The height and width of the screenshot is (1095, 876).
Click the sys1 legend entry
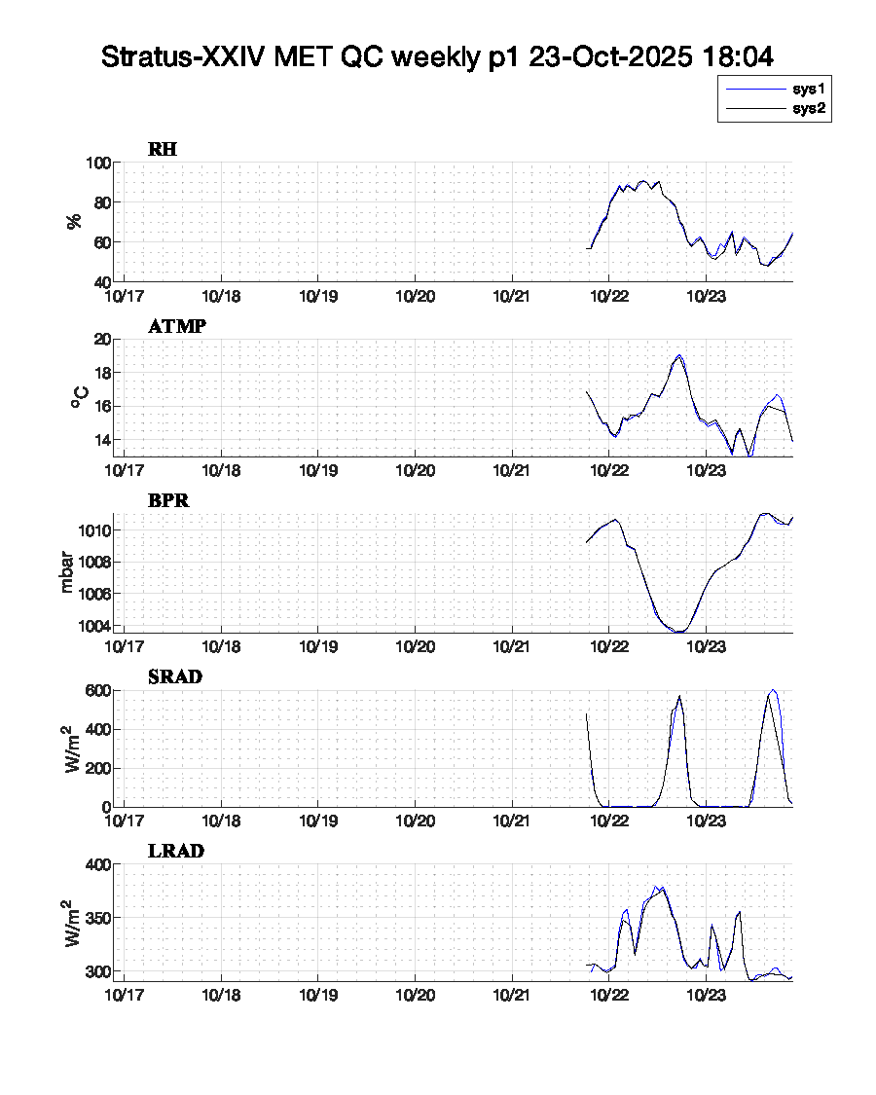point(809,89)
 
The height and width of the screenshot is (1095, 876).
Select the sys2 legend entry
point(809,109)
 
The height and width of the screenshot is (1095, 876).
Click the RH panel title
point(163,149)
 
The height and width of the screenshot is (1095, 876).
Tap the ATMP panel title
point(177,326)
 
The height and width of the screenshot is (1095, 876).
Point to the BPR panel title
point(168,501)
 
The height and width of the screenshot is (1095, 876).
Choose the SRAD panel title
point(175,676)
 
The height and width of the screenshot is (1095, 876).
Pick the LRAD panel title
point(176,852)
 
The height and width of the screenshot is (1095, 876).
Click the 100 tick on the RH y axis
point(95,163)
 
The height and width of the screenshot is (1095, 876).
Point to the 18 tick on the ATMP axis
point(100,373)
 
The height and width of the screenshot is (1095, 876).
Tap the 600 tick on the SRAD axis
point(95,690)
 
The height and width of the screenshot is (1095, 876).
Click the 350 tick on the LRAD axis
point(95,918)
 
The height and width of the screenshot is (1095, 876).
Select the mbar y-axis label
point(67,574)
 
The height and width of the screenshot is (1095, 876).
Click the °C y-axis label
point(80,397)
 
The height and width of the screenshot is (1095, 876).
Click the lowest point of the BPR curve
point(678,632)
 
